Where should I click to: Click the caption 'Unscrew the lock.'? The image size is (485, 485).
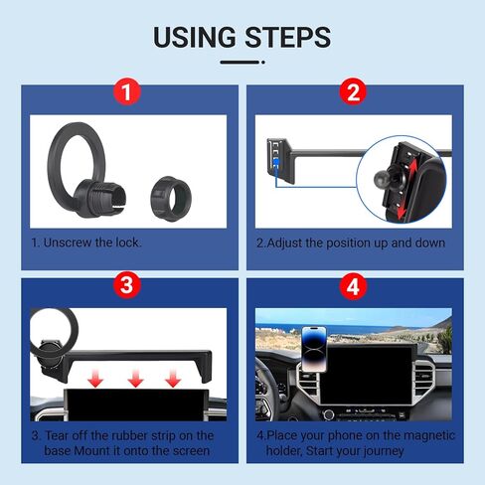(x=85, y=242)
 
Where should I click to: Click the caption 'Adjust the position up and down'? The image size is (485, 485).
(x=350, y=242)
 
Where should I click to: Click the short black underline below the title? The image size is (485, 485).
(x=242, y=63)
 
